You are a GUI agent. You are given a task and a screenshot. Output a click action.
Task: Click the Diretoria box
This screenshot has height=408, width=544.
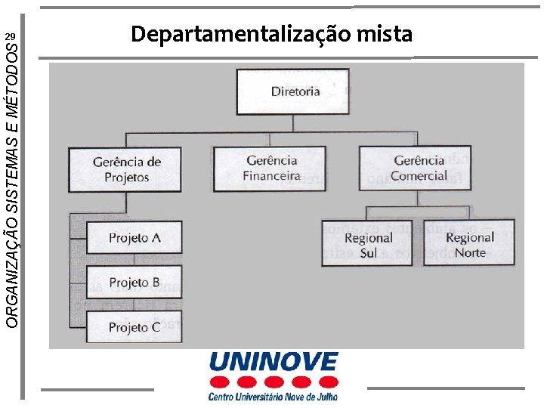292,91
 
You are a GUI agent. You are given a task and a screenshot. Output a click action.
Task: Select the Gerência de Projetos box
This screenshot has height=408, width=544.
125,169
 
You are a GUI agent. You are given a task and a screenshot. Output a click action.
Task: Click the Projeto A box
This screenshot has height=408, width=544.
134,237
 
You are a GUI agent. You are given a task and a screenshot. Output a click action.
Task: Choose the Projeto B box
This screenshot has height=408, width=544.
134,283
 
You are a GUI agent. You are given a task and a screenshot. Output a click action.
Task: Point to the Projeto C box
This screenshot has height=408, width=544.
134,327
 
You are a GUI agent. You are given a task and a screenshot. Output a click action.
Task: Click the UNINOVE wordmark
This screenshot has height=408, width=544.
274,362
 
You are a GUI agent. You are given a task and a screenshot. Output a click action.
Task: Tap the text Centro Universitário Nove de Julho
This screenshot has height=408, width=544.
274,395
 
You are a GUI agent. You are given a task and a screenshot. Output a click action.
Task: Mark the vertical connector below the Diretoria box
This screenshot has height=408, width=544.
292,123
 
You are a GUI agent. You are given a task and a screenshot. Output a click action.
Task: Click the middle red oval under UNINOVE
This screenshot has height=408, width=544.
274,382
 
